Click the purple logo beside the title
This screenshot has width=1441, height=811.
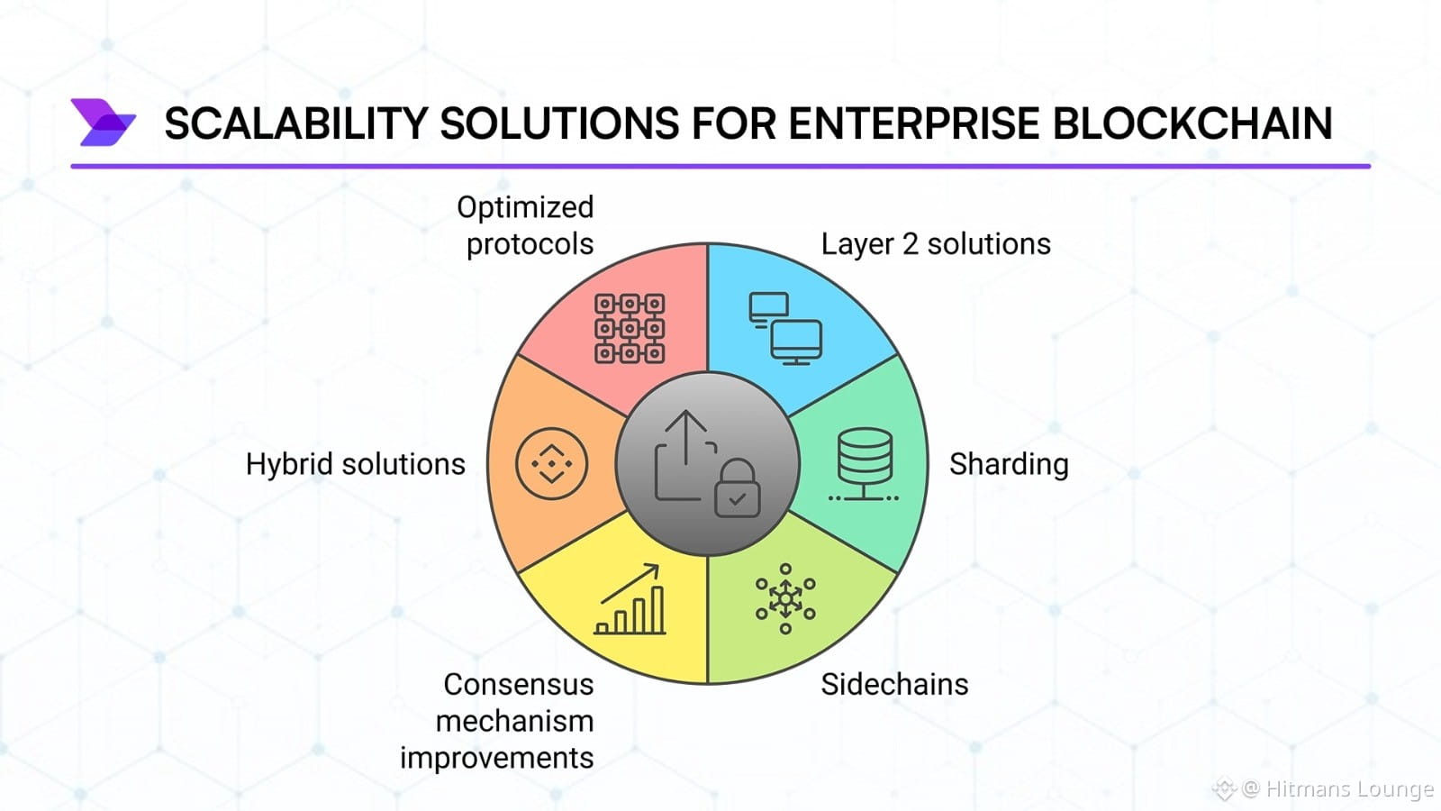tap(103, 123)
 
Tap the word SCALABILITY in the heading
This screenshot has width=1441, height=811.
tap(295, 123)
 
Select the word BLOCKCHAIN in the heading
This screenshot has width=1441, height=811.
tap(1192, 123)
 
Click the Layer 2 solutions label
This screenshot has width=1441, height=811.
tap(936, 244)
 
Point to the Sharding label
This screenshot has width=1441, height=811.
tap(1009, 464)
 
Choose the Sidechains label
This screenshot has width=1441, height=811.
tap(894, 685)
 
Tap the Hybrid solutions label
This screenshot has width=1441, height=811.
tap(355, 464)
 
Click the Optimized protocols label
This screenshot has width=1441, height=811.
tap(527, 225)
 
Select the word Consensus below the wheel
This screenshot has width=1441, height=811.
tap(518, 685)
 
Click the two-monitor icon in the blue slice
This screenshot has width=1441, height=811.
tap(785, 328)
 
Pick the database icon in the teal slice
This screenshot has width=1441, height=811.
tap(865, 464)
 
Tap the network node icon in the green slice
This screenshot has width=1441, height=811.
tap(785, 598)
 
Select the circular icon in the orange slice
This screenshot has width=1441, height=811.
tap(551, 464)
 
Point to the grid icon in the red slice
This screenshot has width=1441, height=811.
tap(630, 328)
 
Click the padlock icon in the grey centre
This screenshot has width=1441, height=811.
tap(738, 489)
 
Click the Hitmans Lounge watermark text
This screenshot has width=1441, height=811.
tap(1348, 789)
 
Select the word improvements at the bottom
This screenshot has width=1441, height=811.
tap(496, 758)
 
